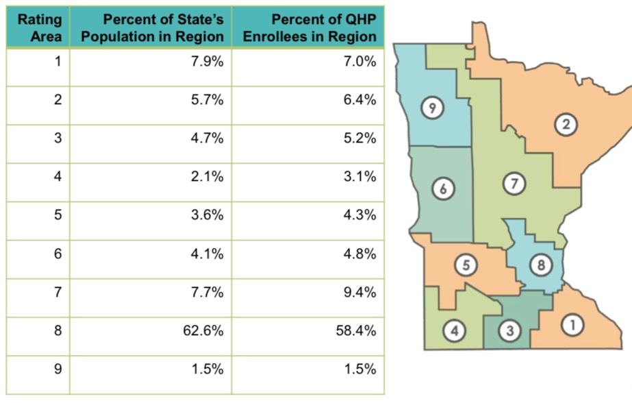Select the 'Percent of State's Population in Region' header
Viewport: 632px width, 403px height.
coord(152,27)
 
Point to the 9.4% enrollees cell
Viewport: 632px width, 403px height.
coord(361,293)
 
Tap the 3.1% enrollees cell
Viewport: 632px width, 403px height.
coord(361,177)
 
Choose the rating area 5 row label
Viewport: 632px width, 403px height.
coord(58,215)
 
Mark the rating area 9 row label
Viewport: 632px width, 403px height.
coord(58,369)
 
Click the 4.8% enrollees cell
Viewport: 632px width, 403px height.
coord(361,254)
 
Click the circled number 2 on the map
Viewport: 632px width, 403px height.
coord(566,124)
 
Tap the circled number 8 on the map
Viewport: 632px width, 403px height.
coord(540,265)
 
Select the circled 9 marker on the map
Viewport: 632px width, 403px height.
coord(431,107)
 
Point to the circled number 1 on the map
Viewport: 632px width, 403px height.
coord(572,326)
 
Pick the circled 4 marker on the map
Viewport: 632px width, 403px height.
coord(453,331)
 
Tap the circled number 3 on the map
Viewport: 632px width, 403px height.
coord(509,331)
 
